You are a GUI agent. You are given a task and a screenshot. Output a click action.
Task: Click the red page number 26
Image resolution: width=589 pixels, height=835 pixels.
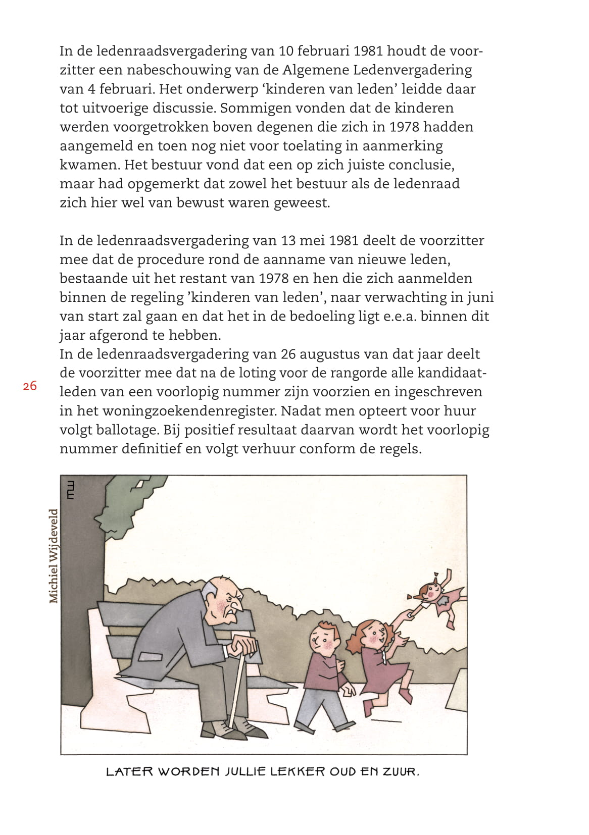[x=30, y=386]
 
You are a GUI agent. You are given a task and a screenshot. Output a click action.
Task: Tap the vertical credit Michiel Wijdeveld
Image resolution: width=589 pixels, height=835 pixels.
[x=54, y=556]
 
